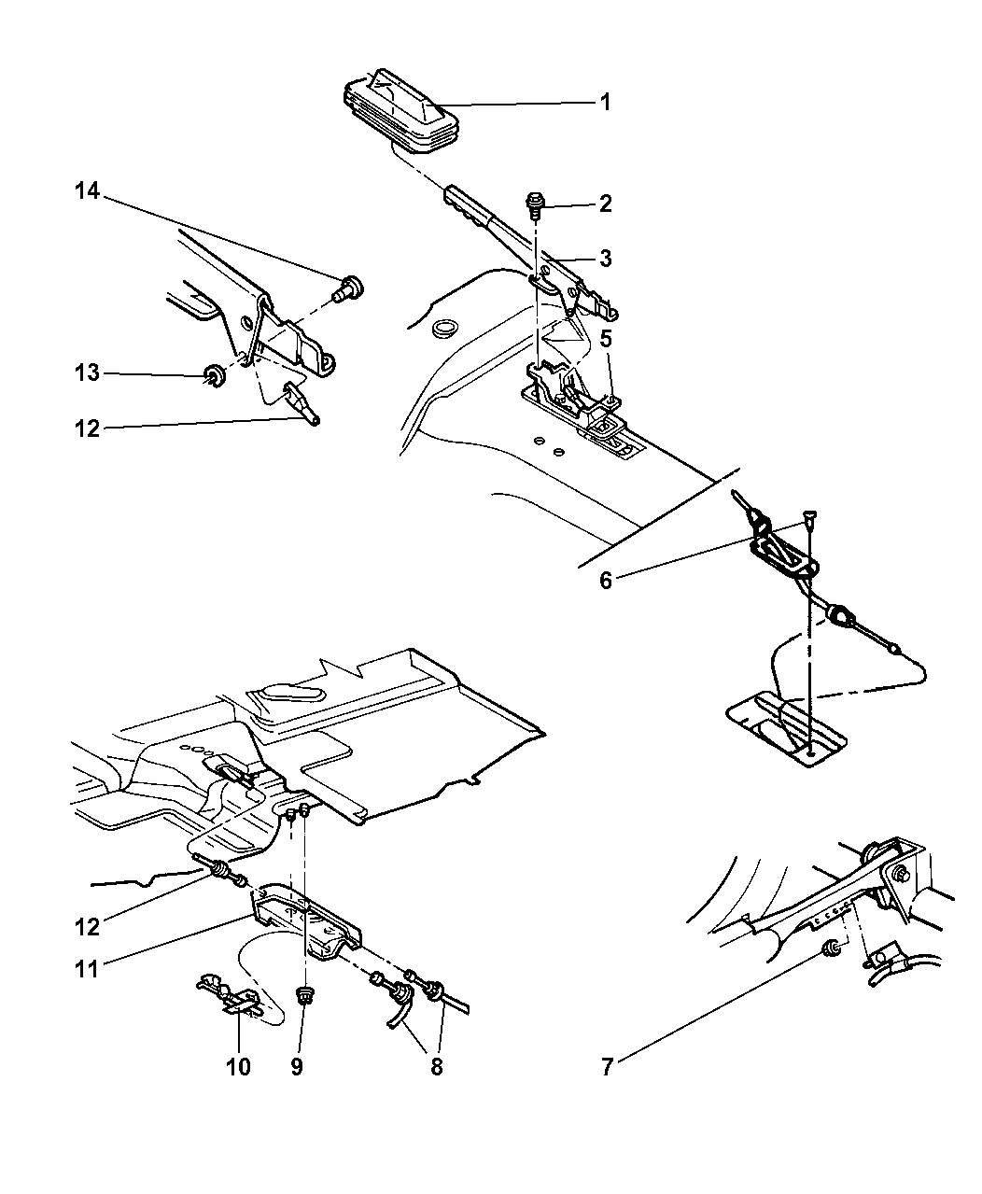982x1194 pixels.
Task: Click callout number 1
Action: [x=605, y=102]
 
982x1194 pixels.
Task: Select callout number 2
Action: [x=605, y=204]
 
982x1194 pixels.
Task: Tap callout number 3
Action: [x=605, y=259]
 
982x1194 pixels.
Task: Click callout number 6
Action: [x=606, y=581]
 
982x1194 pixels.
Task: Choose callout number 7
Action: [x=607, y=1066]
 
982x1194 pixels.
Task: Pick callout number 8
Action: [x=436, y=1066]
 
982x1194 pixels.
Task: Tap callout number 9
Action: [x=296, y=1066]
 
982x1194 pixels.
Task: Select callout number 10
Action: [x=238, y=1066]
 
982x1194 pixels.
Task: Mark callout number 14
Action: [x=86, y=192]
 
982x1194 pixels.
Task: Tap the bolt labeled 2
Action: [x=538, y=201]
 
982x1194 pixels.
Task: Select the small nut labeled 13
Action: [x=214, y=376]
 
